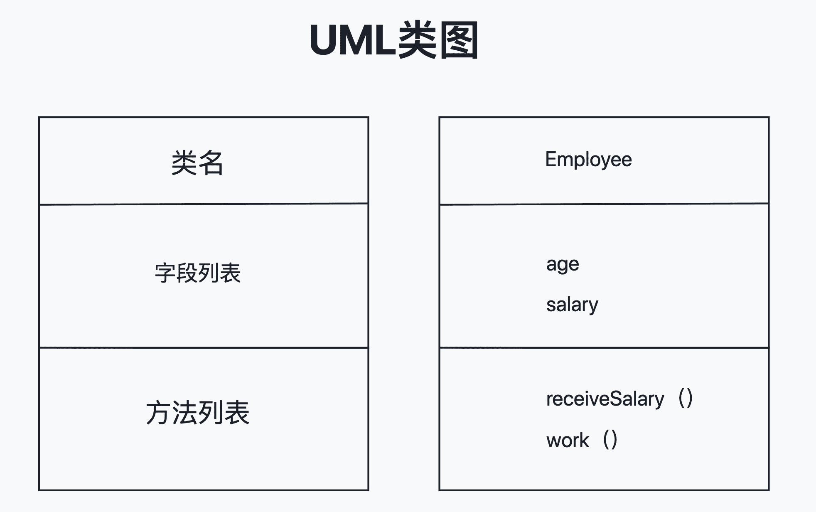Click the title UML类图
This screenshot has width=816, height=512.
[394, 41]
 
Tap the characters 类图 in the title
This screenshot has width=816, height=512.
[438, 41]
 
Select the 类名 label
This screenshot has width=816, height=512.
[197, 163]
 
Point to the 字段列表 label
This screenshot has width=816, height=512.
[198, 273]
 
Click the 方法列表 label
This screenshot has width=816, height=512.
[198, 413]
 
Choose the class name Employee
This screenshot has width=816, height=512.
[588, 160]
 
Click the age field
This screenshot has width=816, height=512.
[563, 265]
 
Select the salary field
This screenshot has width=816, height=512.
[572, 305]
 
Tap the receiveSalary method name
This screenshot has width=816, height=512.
[605, 399]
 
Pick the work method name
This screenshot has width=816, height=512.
[568, 441]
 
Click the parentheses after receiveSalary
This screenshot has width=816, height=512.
[685, 398]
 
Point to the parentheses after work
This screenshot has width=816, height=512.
[610, 440]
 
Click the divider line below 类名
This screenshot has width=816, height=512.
[204, 204]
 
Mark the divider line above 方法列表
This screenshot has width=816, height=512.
[204, 347]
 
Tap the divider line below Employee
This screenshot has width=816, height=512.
[604, 204]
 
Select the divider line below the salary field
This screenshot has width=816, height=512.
[604, 347]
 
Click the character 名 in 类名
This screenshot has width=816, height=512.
[211, 163]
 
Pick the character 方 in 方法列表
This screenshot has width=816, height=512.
[159, 413]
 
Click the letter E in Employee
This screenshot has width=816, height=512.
[551, 160]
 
